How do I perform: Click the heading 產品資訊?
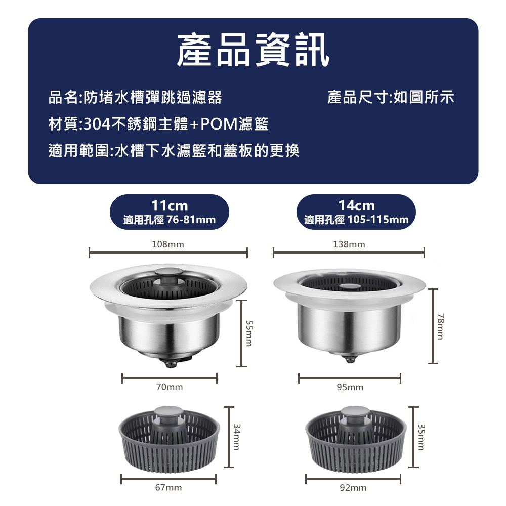254,50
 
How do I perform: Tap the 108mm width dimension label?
168,244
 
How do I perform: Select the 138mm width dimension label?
349,244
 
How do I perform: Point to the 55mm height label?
249,333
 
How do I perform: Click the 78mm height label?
441,326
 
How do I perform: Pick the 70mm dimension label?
170,387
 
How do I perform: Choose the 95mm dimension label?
350,387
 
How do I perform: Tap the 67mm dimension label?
168,487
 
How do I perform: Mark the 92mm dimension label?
353,488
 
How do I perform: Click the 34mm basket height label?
236,437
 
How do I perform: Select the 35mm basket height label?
421,437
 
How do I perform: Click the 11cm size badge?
170,212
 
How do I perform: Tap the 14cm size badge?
356,212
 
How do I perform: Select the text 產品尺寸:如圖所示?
391,97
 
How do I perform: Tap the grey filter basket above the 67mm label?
170,438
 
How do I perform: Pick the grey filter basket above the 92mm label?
354,438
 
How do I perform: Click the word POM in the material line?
219,124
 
